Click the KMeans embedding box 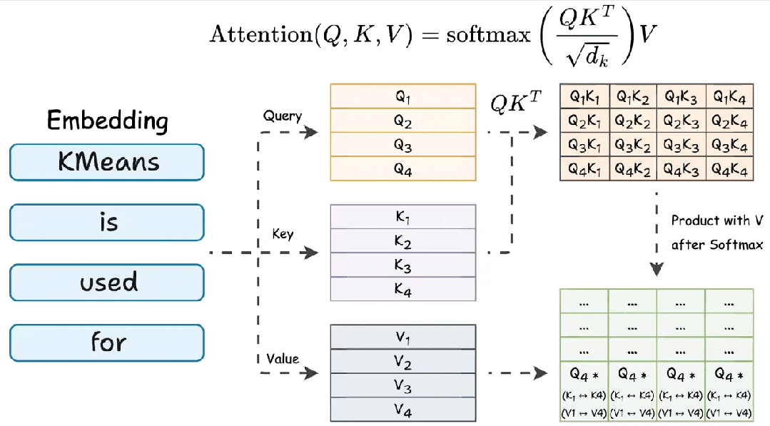pos(106,162)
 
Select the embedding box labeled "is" pos(106,223)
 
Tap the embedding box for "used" pos(106,283)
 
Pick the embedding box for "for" pos(106,343)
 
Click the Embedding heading pos(108,121)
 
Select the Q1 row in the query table pos(403,96)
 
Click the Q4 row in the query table pos(403,169)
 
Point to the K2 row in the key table pos(403,240)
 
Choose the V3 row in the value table pos(403,385)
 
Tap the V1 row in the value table pos(403,338)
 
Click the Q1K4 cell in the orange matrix pos(730,96)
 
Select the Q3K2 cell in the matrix pos(633,145)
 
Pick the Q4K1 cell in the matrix pos(584,169)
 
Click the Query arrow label pos(283,116)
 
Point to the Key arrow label pos(283,233)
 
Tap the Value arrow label pos(283,359)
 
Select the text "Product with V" pos(717,220)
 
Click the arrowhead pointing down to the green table pos(657,269)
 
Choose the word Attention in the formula pos(261,34)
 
